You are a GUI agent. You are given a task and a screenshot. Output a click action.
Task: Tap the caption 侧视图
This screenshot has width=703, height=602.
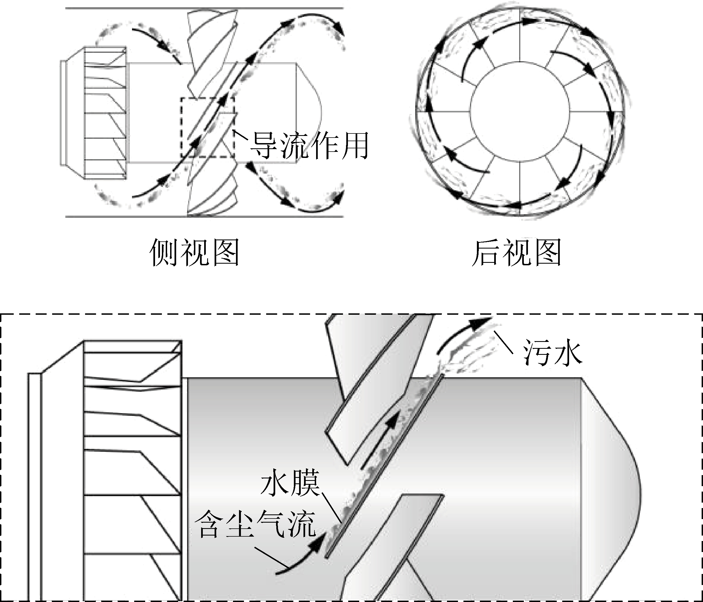[195, 252]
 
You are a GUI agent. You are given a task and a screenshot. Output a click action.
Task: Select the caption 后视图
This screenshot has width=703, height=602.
[516, 252]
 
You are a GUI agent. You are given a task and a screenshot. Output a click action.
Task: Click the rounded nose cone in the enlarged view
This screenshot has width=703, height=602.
[611, 489]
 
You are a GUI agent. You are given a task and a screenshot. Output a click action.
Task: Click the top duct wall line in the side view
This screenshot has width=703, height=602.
[204, 8]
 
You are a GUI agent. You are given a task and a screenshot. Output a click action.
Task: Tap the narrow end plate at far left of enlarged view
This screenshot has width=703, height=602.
[34, 487]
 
